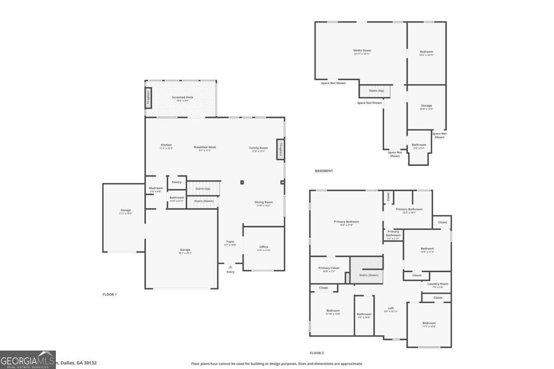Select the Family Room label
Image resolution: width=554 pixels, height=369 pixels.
click(x=259, y=149)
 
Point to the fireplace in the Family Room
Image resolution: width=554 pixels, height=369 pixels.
click(x=280, y=149)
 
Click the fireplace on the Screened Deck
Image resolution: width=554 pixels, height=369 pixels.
click(x=148, y=98)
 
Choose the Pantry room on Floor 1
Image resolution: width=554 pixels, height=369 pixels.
click(x=176, y=182)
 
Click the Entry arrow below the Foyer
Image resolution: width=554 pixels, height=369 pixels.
click(x=230, y=267)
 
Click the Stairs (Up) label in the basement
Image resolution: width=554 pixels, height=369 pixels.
click(x=376, y=91)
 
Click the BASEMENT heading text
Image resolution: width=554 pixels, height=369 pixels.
click(x=324, y=171)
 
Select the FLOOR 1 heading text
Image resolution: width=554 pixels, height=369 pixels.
click(x=109, y=294)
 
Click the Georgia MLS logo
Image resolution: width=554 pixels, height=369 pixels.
click(x=28, y=360)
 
